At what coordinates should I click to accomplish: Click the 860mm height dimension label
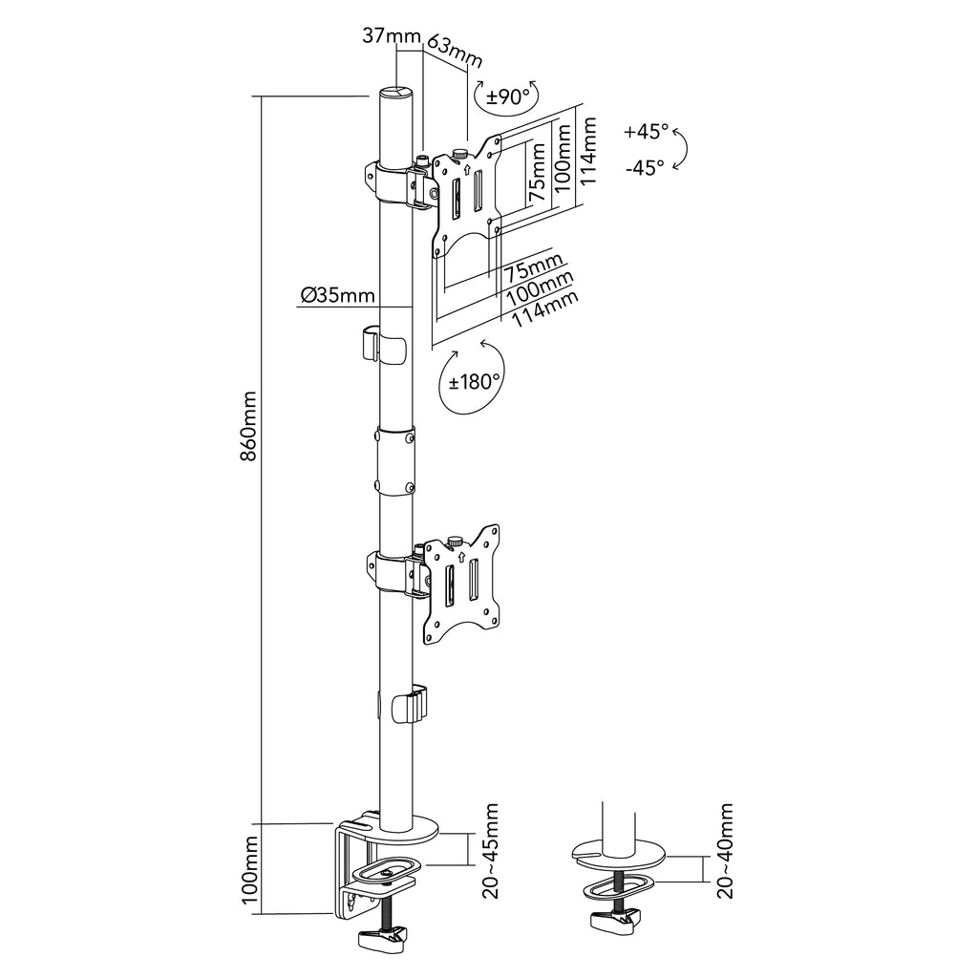[248, 425]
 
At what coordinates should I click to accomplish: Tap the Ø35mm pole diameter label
[337, 294]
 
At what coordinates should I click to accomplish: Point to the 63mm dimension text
[455, 53]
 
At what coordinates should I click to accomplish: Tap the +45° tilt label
[647, 132]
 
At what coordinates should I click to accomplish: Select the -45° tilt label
[645, 168]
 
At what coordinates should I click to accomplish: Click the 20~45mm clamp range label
[491, 851]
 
